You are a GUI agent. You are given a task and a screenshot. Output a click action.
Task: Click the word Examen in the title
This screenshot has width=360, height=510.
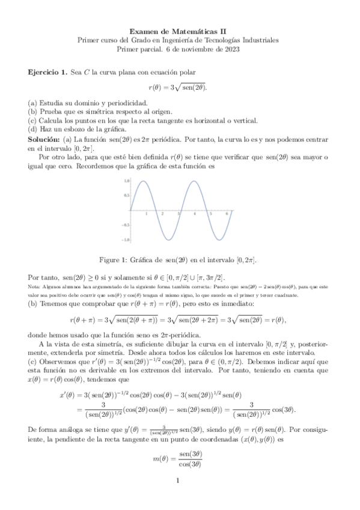pyautogui.click(x=144, y=31)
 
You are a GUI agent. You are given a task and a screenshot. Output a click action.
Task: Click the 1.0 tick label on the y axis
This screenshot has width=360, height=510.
pyautogui.click(x=126, y=180)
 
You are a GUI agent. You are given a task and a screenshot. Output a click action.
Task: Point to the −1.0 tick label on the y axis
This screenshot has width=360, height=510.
pyautogui.click(x=126, y=239)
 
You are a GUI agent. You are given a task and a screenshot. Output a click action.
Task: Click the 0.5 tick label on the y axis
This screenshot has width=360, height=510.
pyautogui.click(x=126, y=195)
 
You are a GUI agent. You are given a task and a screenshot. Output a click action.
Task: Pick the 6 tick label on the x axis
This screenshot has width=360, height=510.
pyautogui.click(x=227, y=214)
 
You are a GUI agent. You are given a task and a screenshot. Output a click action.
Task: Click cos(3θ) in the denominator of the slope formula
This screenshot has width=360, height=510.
pyautogui.click(x=189, y=463)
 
